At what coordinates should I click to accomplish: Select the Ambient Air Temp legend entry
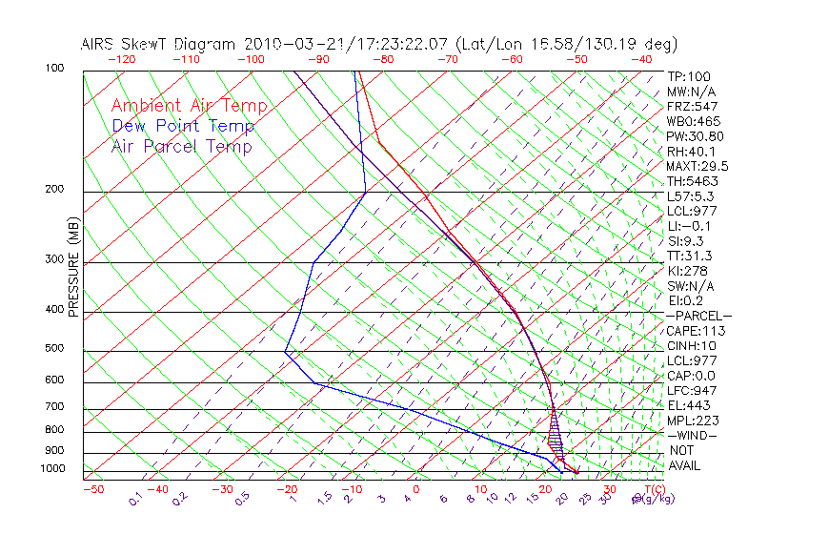click(189, 106)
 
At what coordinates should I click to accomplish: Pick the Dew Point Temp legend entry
click(183, 126)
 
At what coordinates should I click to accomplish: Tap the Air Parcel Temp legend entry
click(181, 146)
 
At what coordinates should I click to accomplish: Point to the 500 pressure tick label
click(54, 349)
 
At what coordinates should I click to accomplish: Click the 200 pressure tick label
click(54, 190)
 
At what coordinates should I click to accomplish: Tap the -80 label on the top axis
click(381, 59)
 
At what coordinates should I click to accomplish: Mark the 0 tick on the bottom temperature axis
click(415, 489)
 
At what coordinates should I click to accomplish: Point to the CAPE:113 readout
click(696, 331)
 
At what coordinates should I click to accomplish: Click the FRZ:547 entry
click(692, 106)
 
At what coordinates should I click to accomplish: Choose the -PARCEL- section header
click(698, 316)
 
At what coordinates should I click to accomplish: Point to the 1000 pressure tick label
click(52, 469)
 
